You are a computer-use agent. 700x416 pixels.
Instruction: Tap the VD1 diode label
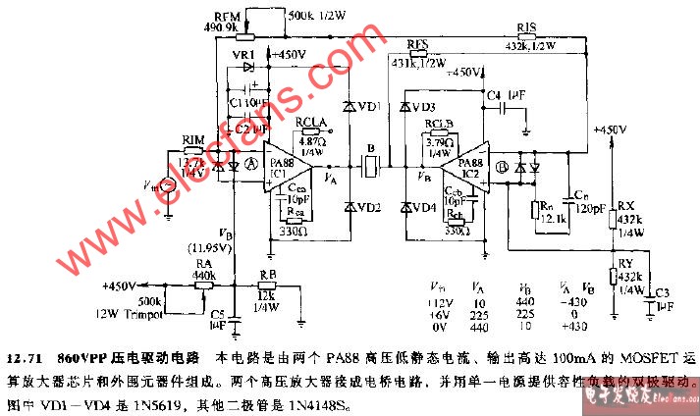click(x=371, y=105)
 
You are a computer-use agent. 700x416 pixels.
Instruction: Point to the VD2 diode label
click(x=370, y=207)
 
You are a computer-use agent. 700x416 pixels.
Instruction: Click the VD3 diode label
click(x=424, y=106)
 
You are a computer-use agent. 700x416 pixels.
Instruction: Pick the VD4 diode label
click(x=424, y=207)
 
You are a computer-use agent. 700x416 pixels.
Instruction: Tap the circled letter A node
click(x=251, y=167)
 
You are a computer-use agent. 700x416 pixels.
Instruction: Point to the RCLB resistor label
click(x=439, y=124)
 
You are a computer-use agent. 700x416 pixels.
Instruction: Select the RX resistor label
click(x=624, y=205)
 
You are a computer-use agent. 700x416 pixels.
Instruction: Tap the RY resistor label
click(x=624, y=266)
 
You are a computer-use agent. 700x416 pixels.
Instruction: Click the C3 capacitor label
click(x=664, y=292)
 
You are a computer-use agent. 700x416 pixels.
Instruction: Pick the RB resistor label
click(x=268, y=275)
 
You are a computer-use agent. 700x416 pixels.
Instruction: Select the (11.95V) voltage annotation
click(x=216, y=248)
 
